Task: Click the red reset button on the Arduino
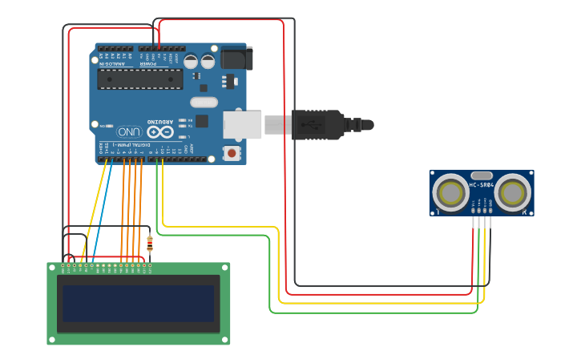tap(232, 152)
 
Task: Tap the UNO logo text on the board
tap(128, 131)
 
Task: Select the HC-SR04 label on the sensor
tap(481, 186)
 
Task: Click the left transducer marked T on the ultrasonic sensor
tap(450, 193)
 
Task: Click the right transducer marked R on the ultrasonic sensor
tap(511, 193)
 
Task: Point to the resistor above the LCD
tap(150, 242)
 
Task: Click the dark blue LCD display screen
tap(138, 303)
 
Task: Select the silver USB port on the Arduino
tap(242, 124)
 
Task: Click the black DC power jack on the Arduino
tap(236, 58)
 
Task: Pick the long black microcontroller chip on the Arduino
tap(139, 79)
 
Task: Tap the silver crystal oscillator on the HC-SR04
tap(482, 175)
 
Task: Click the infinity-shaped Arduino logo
tap(159, 131)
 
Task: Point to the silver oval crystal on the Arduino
tap(204, 102)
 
